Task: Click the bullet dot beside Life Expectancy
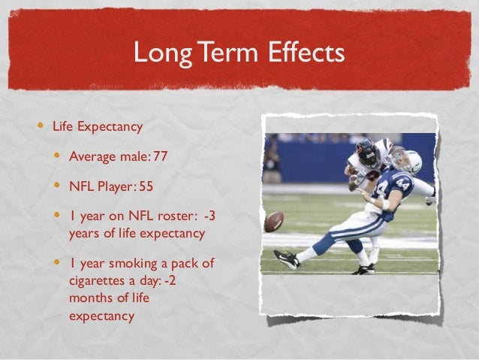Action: click(x=42, y=126)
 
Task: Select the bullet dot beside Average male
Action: click(x=59, y=156)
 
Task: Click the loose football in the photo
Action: click(x=274, y=221)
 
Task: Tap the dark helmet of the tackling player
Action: click(x=368, y=153)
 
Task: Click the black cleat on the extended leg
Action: click(x=286, y=259)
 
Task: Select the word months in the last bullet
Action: click(x=90, y=299)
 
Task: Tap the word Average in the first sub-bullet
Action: click(x=93, y=156)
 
